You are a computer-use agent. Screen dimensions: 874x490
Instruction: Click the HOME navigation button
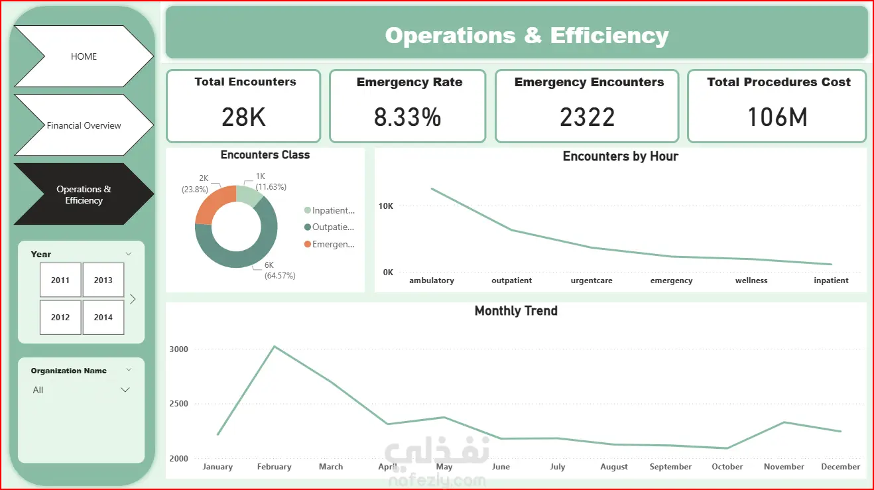pyautogui.click(x=84, y=56)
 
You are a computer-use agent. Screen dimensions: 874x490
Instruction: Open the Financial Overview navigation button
pyautogui.click(x=84, y=125)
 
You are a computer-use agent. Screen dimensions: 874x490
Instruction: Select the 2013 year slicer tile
pyautogui.click(x=103, y=280)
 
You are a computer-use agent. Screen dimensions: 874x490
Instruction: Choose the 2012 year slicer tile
pyautogui.click(x=60, y=317)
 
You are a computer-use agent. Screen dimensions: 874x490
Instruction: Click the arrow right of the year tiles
pyautogui.click(x=133, y=299)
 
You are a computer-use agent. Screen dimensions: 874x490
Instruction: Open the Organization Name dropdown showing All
pyautogui.click(x=81, y=390)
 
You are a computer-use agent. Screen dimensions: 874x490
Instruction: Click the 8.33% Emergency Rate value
pyautogui.click(x=407, y=117)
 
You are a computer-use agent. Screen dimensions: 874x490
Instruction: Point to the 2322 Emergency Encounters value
pyautogui.click(x=588, y=117)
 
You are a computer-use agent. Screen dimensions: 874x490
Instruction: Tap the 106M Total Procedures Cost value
pyautogui.click(x=777, y=117)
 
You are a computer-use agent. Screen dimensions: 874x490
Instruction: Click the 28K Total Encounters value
pyautogui.click(x=244, y=117)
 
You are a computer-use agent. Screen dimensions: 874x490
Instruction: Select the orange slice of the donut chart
pyautogui.click(x=212, y=202)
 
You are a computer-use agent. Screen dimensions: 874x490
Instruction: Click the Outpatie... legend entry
pyautogui.click(x=330, y=227)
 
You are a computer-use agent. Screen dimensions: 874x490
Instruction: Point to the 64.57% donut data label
pyautogui.click(x=280, y=275)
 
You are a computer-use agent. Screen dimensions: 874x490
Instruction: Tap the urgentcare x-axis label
pyautogui.click(x=592, y=280)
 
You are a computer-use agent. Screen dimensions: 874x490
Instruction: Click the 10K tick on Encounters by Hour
pyautogui.click(x=386, y=206)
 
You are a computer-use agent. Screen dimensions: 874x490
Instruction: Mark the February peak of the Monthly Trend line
pyautogui.click(x=275, y=346)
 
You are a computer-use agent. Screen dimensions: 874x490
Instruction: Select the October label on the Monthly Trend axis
pyautogui.click(x=727, y=467)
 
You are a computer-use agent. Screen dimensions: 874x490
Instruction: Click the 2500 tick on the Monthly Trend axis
pyautogui.click(x=178, y=403)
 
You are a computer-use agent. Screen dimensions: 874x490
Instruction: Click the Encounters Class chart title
pyautogui.click(x=265, y=155)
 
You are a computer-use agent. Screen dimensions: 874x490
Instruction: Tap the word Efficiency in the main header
pyautogui.click(x=609, y=36)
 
